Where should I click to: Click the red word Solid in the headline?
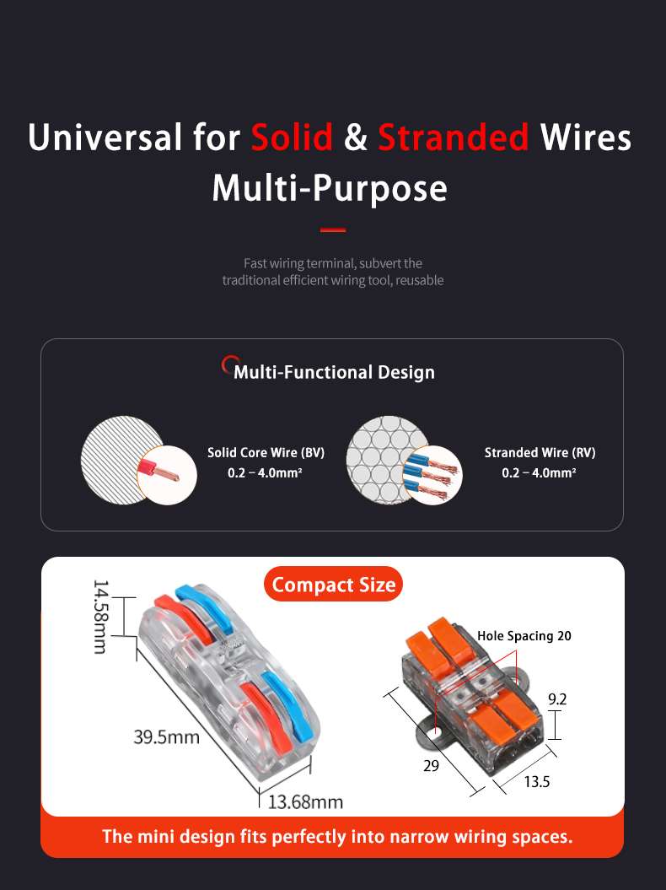pyautogui.click(x=292, y=138)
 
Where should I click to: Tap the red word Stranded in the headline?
pyautogui.click(x=454, y=138)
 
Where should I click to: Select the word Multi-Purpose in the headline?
pyautogui.click(x=330, y=188)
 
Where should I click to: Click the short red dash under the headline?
pyautogui.click(x=333, y=229)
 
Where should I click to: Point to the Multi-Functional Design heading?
pyautogui.click(x=334, y=372)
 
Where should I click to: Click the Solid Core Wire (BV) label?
pyautogui.click(x=266, y=452)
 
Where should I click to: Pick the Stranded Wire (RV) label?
pyautogui.click(x=540, y=452)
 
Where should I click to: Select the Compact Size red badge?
pyautogui.click(x=333, y=584)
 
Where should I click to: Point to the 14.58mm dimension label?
pyautogui.click(x=99, y=617)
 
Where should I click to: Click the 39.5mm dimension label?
pyautogui.click(x=166, y=737)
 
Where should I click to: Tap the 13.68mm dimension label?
pyautogui.click(x=305, y=802)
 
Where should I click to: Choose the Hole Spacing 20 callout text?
pyautogui.click(x=524, y=636)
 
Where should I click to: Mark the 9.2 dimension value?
pyautogui.click(x=557, y=699)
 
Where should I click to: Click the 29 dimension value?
pyautogui.click(x=431, y=766)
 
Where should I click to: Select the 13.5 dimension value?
pyautogui.click(x=537, y=781)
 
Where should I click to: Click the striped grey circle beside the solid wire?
pyautogui.click(x=121, y=460)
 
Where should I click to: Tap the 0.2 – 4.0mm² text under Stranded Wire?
pyautogui.click(x=539, y=472)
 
